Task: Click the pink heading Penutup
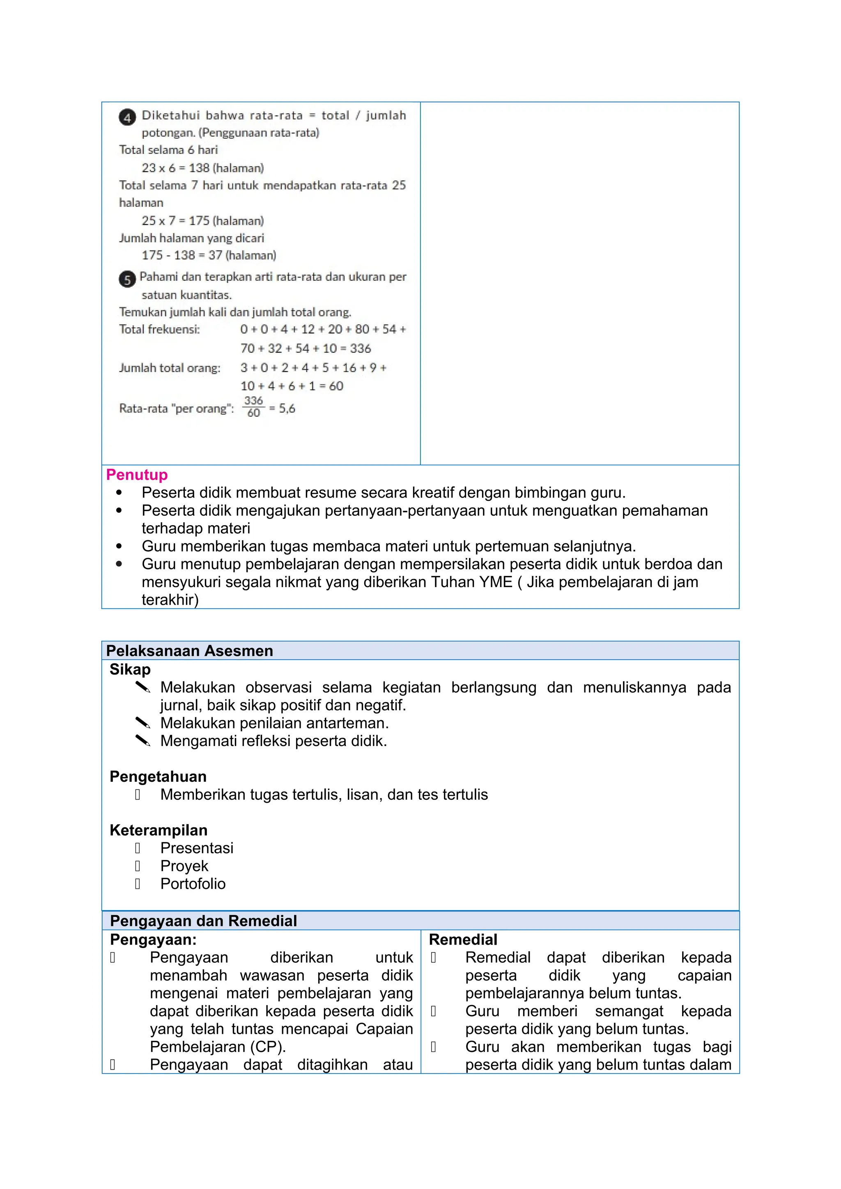(x=137, y=475)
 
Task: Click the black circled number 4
(x=127, y=117)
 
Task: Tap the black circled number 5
(x=127, y=280)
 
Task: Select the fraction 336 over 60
(x=253, y=407)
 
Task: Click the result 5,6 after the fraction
(x=287, y=409)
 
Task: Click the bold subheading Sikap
(x=130, y=670)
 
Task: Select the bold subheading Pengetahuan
(x=158, y=777)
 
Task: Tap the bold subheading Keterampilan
(x=159, y=830)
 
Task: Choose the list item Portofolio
(x=193, y=884)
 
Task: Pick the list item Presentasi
(x=197, y=848)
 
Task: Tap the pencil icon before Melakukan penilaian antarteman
(x=142, y=723)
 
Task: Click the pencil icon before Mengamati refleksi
(x=142, y=741)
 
